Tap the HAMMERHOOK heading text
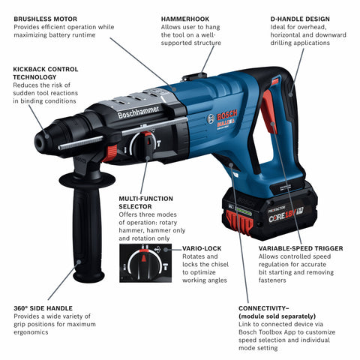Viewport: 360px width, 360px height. (x=184, y=17)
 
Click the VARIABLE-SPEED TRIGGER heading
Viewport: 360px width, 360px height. (x=301, y=247)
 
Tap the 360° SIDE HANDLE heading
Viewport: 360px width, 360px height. (x=46, y=308)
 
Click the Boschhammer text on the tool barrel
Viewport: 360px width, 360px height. (x=138, y=113)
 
